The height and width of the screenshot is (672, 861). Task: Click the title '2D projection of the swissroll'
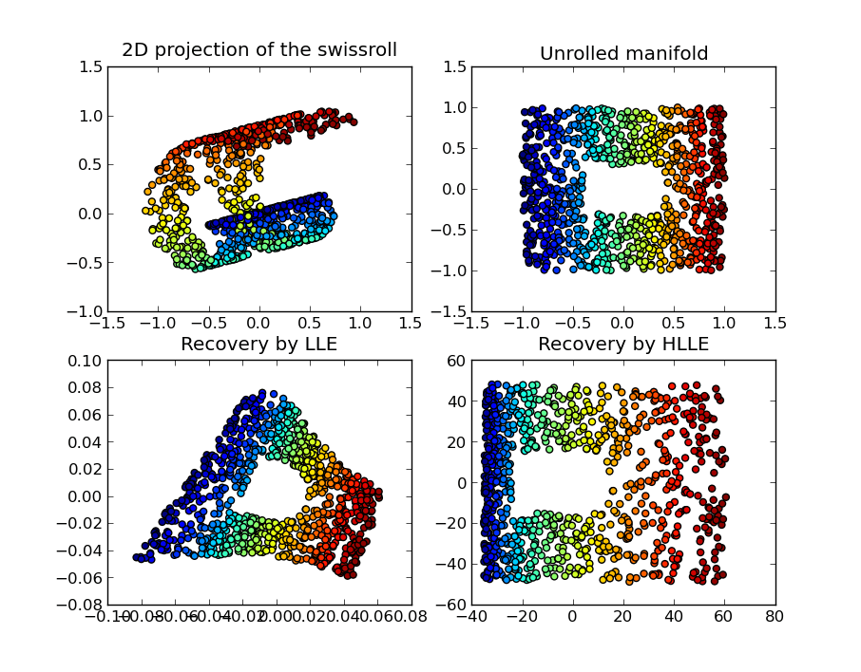point(258,50)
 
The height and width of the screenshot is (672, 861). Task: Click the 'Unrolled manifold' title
point(623,54)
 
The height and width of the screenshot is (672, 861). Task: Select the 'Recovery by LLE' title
point(258,345)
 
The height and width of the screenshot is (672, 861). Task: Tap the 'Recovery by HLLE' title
point(623,345)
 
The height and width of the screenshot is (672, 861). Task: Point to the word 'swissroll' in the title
point(355,50)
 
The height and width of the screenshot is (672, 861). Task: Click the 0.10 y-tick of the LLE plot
point(84,361)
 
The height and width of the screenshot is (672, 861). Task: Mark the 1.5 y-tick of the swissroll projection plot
point(90,66)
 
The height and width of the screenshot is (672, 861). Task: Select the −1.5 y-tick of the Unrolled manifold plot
point(450,311)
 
